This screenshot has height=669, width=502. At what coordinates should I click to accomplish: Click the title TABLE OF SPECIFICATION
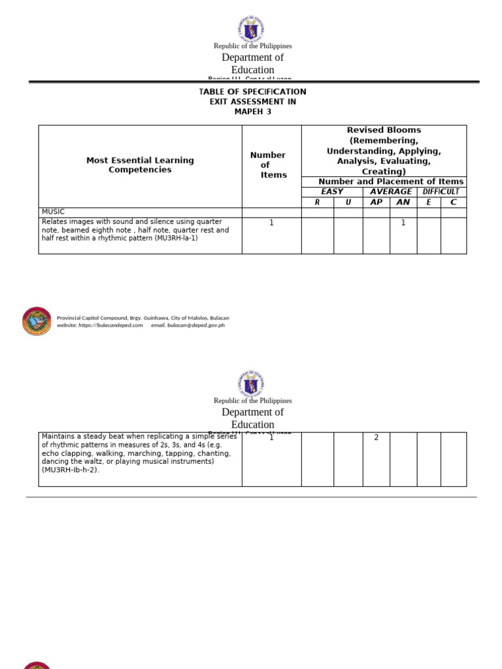pyautogui.click(x=252, y=91)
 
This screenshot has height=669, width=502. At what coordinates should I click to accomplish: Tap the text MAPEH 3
pyautogui.click(x=252, y=112)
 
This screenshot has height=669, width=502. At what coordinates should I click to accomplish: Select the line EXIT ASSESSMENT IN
pyautogui.click(x=252, y=102)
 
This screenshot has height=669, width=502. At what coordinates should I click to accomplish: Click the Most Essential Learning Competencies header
pyautogui.click(x=140, y=165)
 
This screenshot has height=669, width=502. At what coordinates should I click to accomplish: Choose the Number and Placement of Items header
pyautogui.click(x=391, y=182)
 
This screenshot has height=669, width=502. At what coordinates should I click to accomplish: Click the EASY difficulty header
pyautogui.click(x=332, y=192)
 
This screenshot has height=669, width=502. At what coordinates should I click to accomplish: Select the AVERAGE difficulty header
pyautogui.click(x=391, y=192)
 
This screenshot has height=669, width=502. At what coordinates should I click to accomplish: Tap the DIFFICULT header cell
pyautogui.click(x=441, y=192)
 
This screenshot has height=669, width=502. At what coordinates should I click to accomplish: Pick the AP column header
pyautogui.click(x=376, y=203)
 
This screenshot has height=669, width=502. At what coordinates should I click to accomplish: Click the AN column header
pyautogui.click(x=403, y=203)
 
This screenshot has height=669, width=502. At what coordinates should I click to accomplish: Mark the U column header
pyautogui.click(x=348, y=203)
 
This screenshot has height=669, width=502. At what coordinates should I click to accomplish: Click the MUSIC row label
pyautogui.click(x=53, y=212)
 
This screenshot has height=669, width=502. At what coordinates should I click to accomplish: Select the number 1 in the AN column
pyautogui.click(x=403, y=223)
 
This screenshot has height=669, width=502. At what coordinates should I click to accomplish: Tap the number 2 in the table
pyautogui.click(x=376, y=438)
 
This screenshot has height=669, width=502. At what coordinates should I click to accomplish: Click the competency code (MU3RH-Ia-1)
pyautogui.click(x=176, y=238)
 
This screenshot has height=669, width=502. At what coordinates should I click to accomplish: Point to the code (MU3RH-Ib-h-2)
pyautogui.click(x=71, y=470)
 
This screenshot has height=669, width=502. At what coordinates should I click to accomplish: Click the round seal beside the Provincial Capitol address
pyautogui.click(x=37, y=321)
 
